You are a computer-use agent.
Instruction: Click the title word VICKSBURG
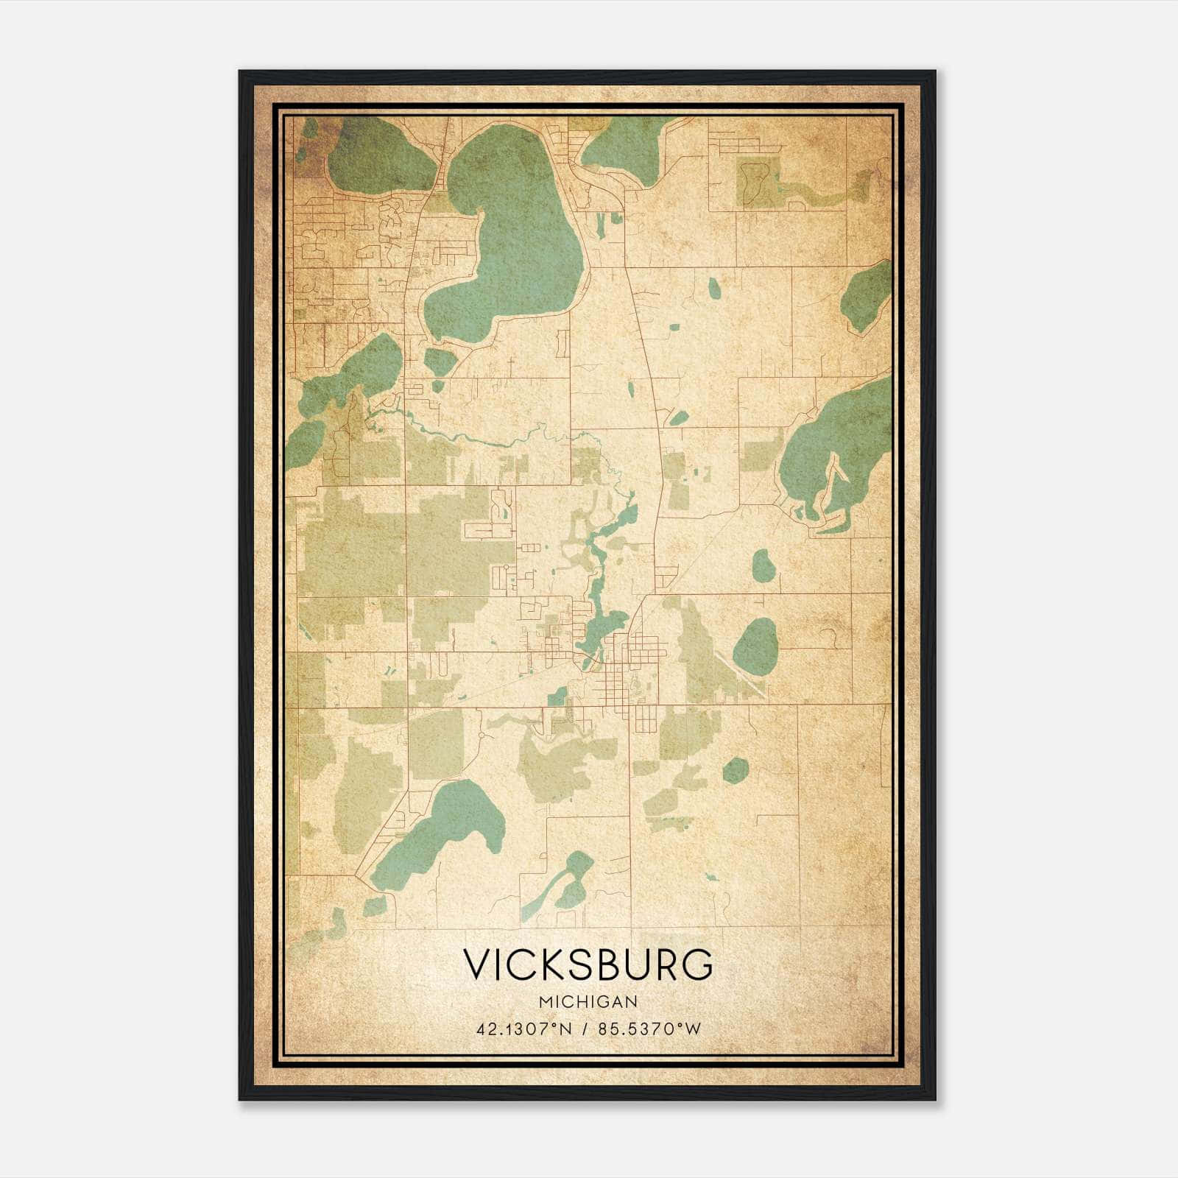(588, 964)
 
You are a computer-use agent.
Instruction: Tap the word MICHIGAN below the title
(588, 1002)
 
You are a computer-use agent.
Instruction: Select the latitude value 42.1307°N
(523, 1029)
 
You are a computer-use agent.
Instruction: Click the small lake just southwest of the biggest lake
(440, 361)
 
